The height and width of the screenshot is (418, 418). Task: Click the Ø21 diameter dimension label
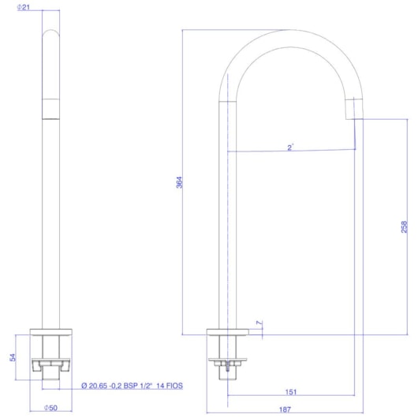point(23,7)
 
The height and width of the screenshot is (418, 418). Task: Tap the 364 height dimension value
point(179,182)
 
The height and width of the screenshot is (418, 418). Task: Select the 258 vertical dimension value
point(404,227)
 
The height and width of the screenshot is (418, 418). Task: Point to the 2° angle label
point(290,147)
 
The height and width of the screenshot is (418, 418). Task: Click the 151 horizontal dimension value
point(291,392)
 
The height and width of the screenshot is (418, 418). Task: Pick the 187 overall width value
point(285,409)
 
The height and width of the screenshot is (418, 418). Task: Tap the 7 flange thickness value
point(259,323)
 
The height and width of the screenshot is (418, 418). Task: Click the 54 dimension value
point(13,357)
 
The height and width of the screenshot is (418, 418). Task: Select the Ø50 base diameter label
point(50,408)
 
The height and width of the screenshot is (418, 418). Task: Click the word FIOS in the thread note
point(174,386)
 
